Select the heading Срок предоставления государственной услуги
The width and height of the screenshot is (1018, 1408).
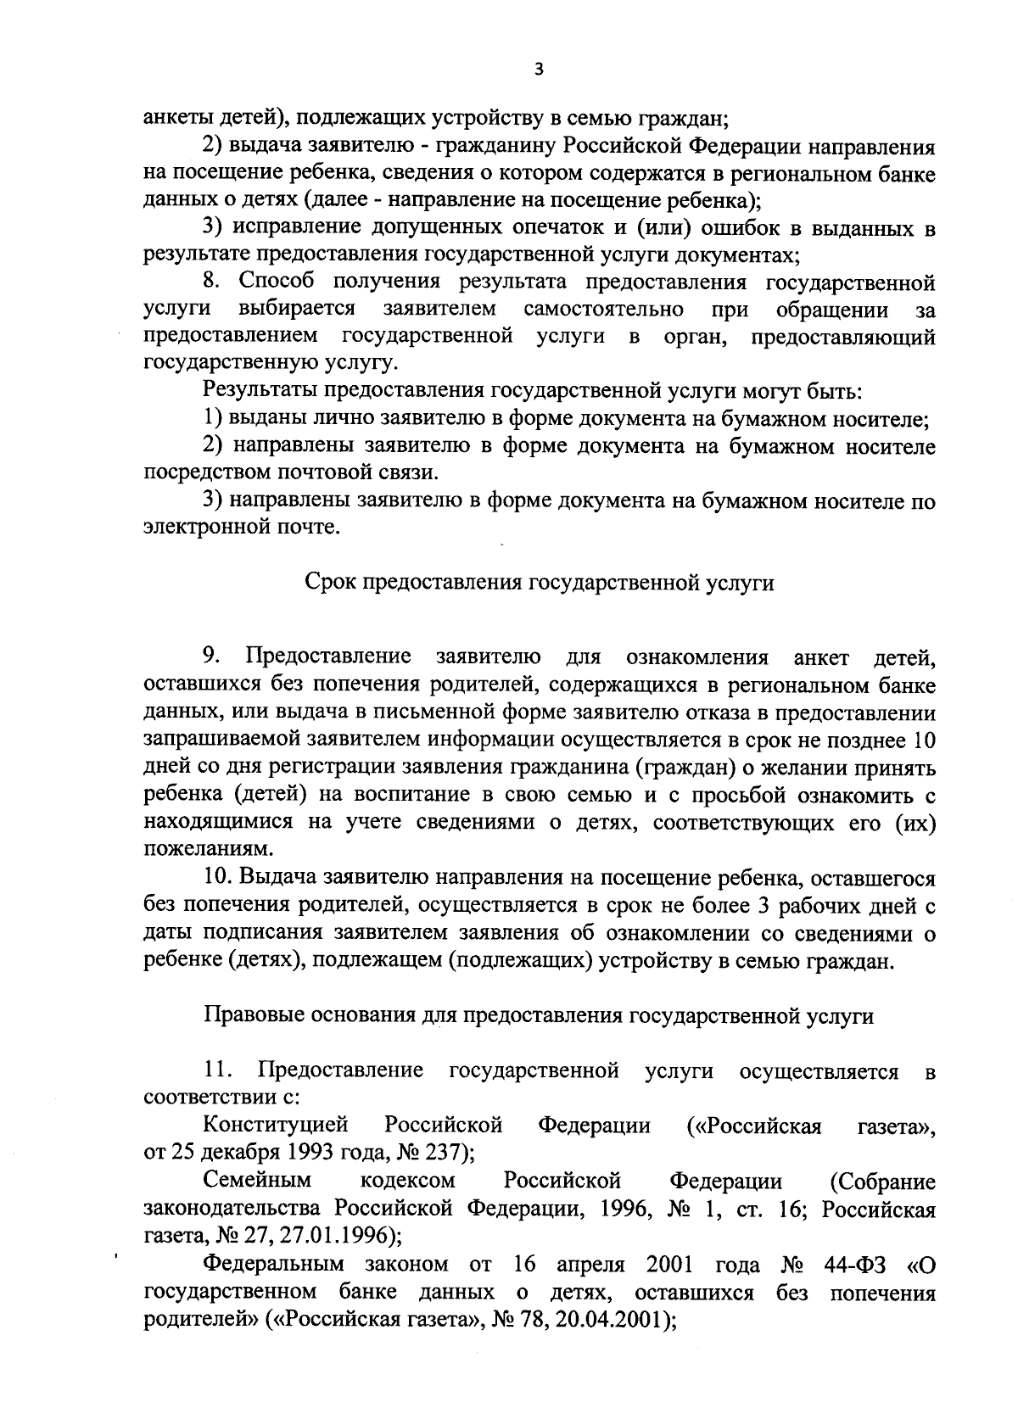(539, 584)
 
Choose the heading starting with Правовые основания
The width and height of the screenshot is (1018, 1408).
(539, 1015)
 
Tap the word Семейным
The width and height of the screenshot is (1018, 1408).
(258, 1180)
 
